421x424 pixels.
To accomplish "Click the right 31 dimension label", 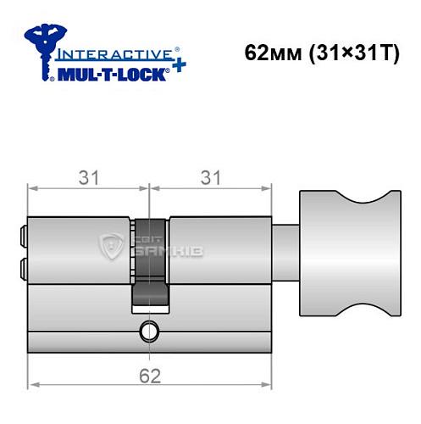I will pyautogui.click(x=213, y=177).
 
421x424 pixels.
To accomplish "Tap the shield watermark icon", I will pyautogui.click(x=111, y=248).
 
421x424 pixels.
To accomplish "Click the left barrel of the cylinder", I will pyautogui.click(x=80, y=251).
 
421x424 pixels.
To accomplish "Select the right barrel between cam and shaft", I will pyautogui.click(x=220, y=251).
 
